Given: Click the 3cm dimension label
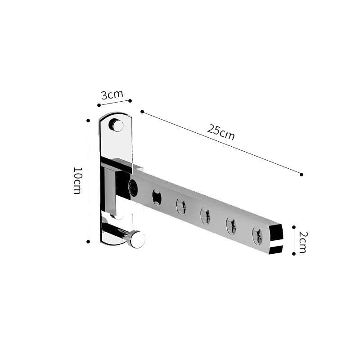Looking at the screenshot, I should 112,95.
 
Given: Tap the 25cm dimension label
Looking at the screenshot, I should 221,132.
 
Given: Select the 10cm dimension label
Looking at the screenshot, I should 77,180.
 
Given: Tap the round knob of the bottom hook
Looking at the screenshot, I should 136,239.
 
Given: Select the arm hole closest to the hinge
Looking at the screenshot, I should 133,188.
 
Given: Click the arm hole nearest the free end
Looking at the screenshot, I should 257,236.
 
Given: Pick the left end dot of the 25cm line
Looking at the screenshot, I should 142,111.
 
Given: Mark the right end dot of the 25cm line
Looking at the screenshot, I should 301,174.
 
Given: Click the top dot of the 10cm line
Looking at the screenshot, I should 88,121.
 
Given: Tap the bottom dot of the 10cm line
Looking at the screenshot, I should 88,242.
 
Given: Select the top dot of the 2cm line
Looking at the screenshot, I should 294,228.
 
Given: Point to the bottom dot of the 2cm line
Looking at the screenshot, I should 294,254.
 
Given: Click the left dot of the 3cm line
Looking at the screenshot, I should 99,105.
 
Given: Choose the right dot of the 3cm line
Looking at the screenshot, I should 130,101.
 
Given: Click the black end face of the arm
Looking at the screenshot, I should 276,240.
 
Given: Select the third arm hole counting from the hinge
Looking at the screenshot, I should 181,207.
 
